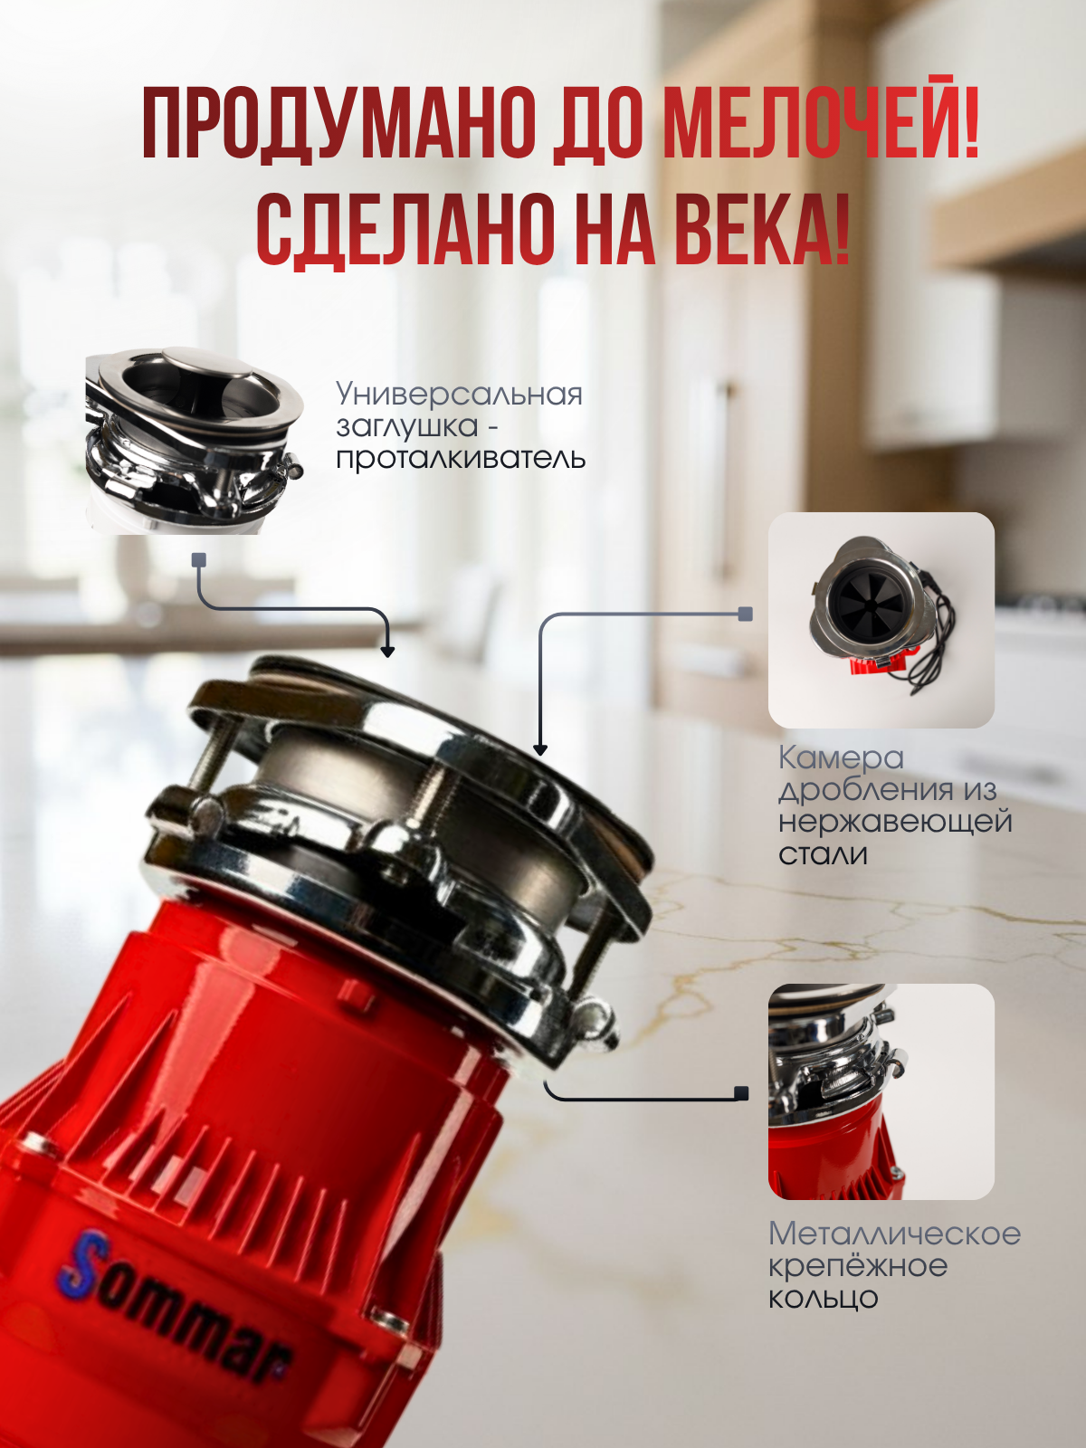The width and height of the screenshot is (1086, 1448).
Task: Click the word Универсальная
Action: point(459,395)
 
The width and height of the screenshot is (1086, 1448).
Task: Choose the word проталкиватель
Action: point(461,458)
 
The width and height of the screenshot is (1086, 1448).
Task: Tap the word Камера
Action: point(840,758)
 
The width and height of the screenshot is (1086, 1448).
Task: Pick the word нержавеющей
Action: point(895,822)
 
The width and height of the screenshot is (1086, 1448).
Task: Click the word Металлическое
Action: point(895,1234)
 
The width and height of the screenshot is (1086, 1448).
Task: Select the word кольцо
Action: point(823,1299)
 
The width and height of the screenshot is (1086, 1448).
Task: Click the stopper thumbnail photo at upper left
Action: point(195,440)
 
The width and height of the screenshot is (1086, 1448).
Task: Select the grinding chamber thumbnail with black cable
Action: point(881,620)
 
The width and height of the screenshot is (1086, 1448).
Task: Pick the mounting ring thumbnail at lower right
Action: point(881,1091)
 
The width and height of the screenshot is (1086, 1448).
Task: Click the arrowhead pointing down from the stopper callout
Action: point(387,651)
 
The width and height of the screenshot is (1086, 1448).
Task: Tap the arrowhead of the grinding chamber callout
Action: point(540,749)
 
